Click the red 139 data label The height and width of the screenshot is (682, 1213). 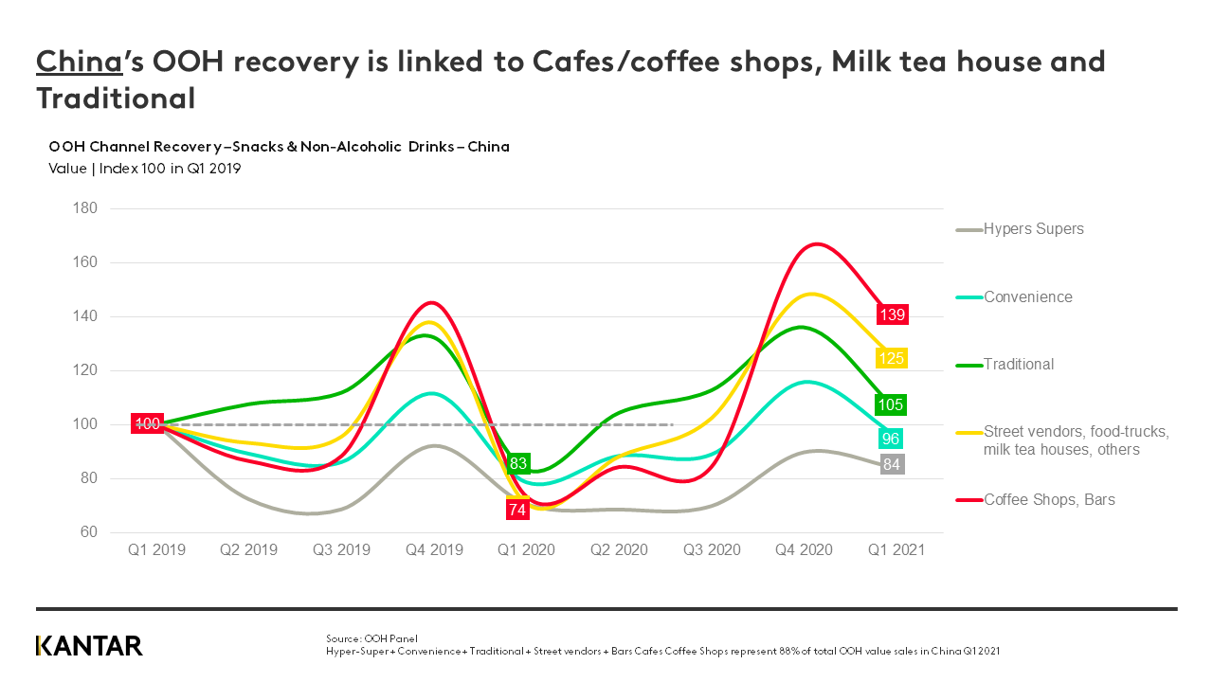[x=892, y=314]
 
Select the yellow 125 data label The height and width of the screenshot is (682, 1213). [x=892, y=358]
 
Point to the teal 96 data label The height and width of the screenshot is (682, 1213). [x=891, y=439]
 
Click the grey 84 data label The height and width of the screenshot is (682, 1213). [x=892, y=464]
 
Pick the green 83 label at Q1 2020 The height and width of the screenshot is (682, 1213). [x=518, y=463]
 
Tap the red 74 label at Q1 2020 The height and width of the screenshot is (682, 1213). [x=517, y=510]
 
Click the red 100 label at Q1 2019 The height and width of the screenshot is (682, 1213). [x=147, y=423]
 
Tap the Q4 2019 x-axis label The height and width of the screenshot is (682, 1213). [x=434, y=549]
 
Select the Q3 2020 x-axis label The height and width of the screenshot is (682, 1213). [x=712, y=549]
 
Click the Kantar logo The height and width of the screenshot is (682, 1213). [x=89, y=646]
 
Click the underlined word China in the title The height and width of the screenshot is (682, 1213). [x=79, y=63]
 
